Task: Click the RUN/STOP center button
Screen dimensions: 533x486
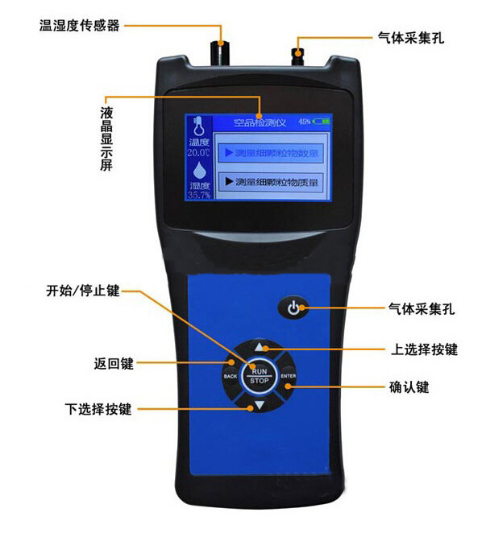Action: (x=259, y=375)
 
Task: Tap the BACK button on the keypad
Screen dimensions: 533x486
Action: (x=230, y=376)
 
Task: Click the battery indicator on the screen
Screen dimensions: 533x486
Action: (x=322, y=121)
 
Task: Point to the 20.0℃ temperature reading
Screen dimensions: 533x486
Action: (x=198, y=152)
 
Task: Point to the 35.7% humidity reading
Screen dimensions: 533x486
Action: (x=198, y=195)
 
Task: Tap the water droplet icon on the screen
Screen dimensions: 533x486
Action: (x=198, y=171)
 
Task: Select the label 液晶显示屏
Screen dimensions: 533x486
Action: (x=106, y=136)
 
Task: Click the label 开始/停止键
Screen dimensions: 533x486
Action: (x=83, y=291)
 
